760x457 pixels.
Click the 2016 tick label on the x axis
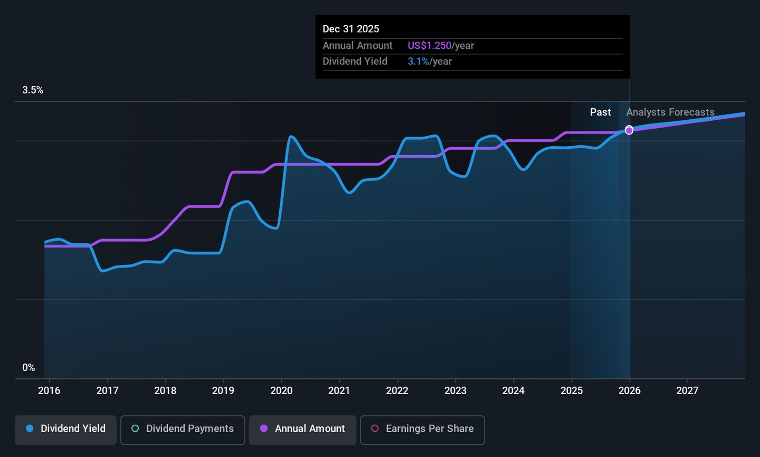49,391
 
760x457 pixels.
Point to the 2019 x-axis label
223,391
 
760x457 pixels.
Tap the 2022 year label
397,391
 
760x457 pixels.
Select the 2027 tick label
687,391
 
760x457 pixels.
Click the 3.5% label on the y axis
33,90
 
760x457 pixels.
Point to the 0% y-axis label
28,368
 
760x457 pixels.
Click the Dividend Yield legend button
65,429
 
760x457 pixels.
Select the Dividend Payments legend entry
183,429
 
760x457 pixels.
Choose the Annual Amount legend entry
302,429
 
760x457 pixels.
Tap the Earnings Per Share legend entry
422,429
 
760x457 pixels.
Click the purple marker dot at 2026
629,130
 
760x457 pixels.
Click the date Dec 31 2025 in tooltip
351,29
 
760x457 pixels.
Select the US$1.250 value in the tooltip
429,46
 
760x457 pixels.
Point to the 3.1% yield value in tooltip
418,62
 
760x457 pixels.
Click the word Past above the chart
600,112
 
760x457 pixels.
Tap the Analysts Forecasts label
670,112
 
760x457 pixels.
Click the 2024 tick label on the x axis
513,391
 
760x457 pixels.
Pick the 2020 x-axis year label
281,391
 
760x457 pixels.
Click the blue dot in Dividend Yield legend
30,429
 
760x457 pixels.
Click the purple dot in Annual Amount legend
264,429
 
